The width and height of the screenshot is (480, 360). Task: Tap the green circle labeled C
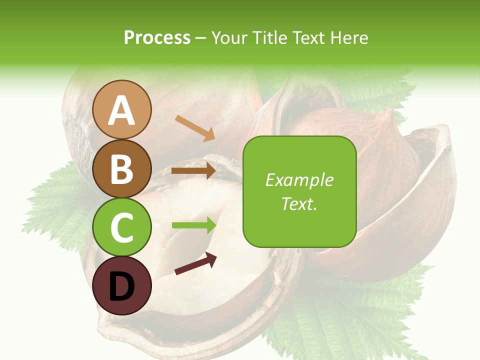122,227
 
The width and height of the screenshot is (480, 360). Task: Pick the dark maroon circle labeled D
122,285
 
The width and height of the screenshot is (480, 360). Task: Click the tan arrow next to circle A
194,127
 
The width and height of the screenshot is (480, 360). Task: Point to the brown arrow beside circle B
193,171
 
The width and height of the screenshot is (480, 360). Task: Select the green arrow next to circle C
193,225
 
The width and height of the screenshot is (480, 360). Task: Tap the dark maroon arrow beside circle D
195,263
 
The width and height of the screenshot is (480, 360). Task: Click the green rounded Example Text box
299,191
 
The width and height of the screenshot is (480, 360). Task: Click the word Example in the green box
299,180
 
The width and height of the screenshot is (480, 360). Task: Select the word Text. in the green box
299,203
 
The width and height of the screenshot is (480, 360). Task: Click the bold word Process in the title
157,37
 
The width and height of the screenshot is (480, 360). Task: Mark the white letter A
122,110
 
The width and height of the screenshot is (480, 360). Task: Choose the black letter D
122,286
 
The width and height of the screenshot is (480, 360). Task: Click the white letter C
122,227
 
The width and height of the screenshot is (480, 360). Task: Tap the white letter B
122,169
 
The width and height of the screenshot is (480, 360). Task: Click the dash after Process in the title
201,38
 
